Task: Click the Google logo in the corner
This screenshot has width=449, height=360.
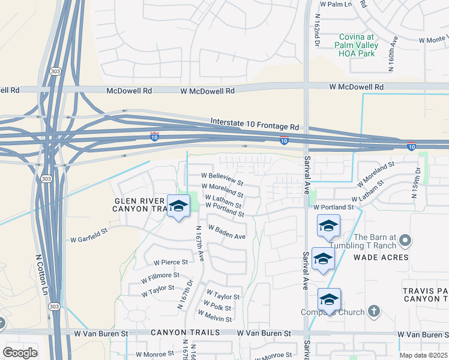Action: (20, 353)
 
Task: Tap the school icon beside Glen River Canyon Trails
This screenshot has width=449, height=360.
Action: (178, 206)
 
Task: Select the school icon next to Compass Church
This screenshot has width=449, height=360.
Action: (329, 299)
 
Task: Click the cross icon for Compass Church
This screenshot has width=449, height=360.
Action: (374, 311)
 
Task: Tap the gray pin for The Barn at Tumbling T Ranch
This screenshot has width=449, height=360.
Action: (405, 242)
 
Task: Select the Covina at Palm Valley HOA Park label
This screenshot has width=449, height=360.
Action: (357, 45)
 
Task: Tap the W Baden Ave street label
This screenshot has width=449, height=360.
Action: (227, 232)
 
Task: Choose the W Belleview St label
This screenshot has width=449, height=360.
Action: (222, 179)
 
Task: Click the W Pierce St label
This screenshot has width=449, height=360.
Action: (170, 262)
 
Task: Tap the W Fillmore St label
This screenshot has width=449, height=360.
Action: (160, 278)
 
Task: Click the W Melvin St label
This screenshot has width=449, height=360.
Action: (214, 316)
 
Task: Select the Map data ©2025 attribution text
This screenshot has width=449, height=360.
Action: (423, 355)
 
